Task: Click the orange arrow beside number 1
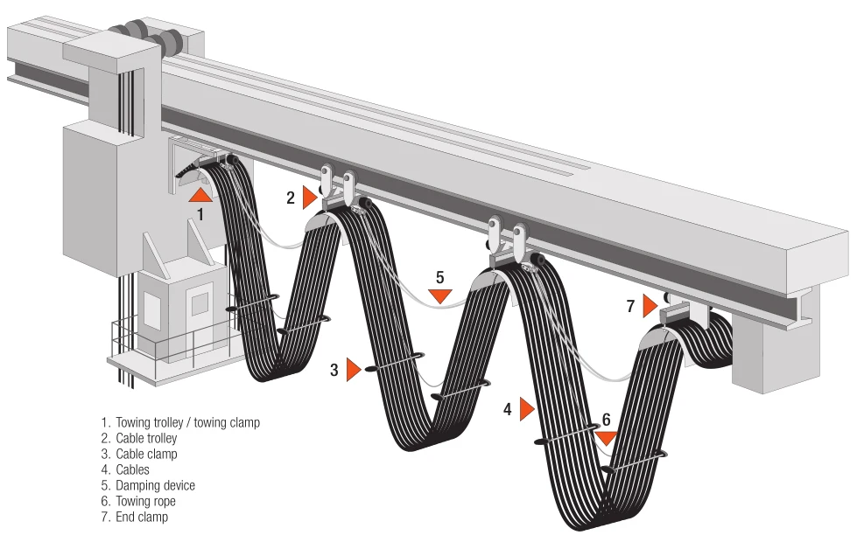200,194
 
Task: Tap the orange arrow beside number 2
308,198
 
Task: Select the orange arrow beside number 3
353,370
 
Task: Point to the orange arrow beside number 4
526,408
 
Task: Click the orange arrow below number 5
440,296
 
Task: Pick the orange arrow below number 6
606,438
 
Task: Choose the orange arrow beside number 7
649,306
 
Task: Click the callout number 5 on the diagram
440,277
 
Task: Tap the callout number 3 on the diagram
334,370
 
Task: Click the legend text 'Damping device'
155,485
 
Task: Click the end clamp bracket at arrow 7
687,312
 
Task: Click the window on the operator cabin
200,303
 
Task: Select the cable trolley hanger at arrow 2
337,187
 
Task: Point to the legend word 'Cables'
132,469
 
